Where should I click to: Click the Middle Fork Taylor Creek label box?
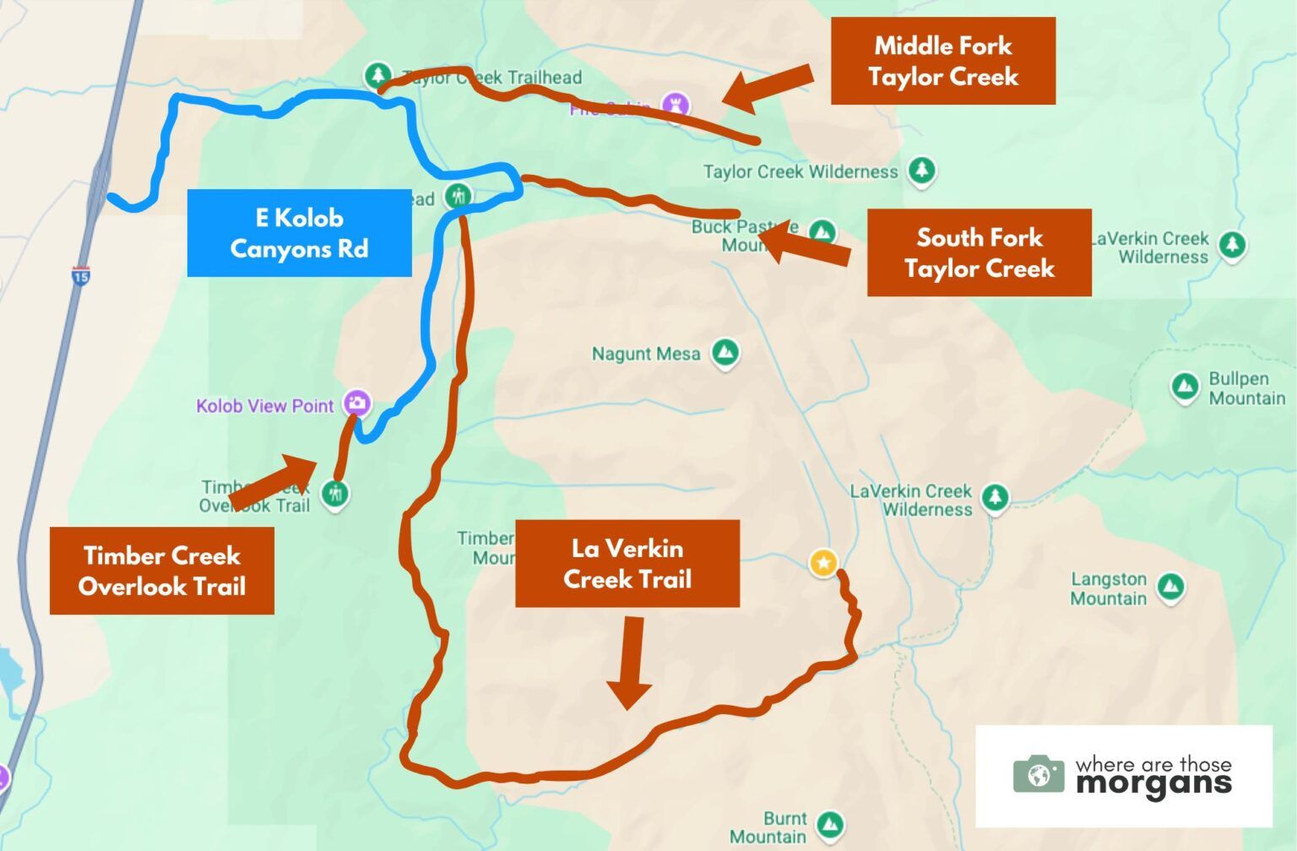[942, 61]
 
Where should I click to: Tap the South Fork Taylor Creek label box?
[979, 252]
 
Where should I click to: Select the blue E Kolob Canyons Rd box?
[299, 233]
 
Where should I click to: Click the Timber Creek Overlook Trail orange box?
[161, 571]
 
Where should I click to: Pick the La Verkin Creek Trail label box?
[627, 563]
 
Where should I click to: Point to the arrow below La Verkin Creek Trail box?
[630, 663]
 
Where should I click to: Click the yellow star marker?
[823, 562]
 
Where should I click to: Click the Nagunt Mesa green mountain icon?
[724, 352]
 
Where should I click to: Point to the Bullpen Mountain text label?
[1246, 388]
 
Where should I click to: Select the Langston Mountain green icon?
[1170, 587]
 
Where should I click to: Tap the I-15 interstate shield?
[80, 276]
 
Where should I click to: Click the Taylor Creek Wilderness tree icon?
[922, 170]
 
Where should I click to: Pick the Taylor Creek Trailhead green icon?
[377, 74]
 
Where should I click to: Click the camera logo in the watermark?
[1039, 773]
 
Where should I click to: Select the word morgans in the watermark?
[1153, 784]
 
